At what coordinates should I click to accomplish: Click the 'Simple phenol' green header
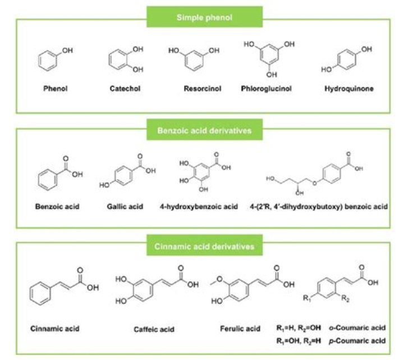(203, 17)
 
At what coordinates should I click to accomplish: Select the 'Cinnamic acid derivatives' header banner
(203, 247)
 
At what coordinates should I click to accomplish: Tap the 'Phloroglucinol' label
(267, 89)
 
